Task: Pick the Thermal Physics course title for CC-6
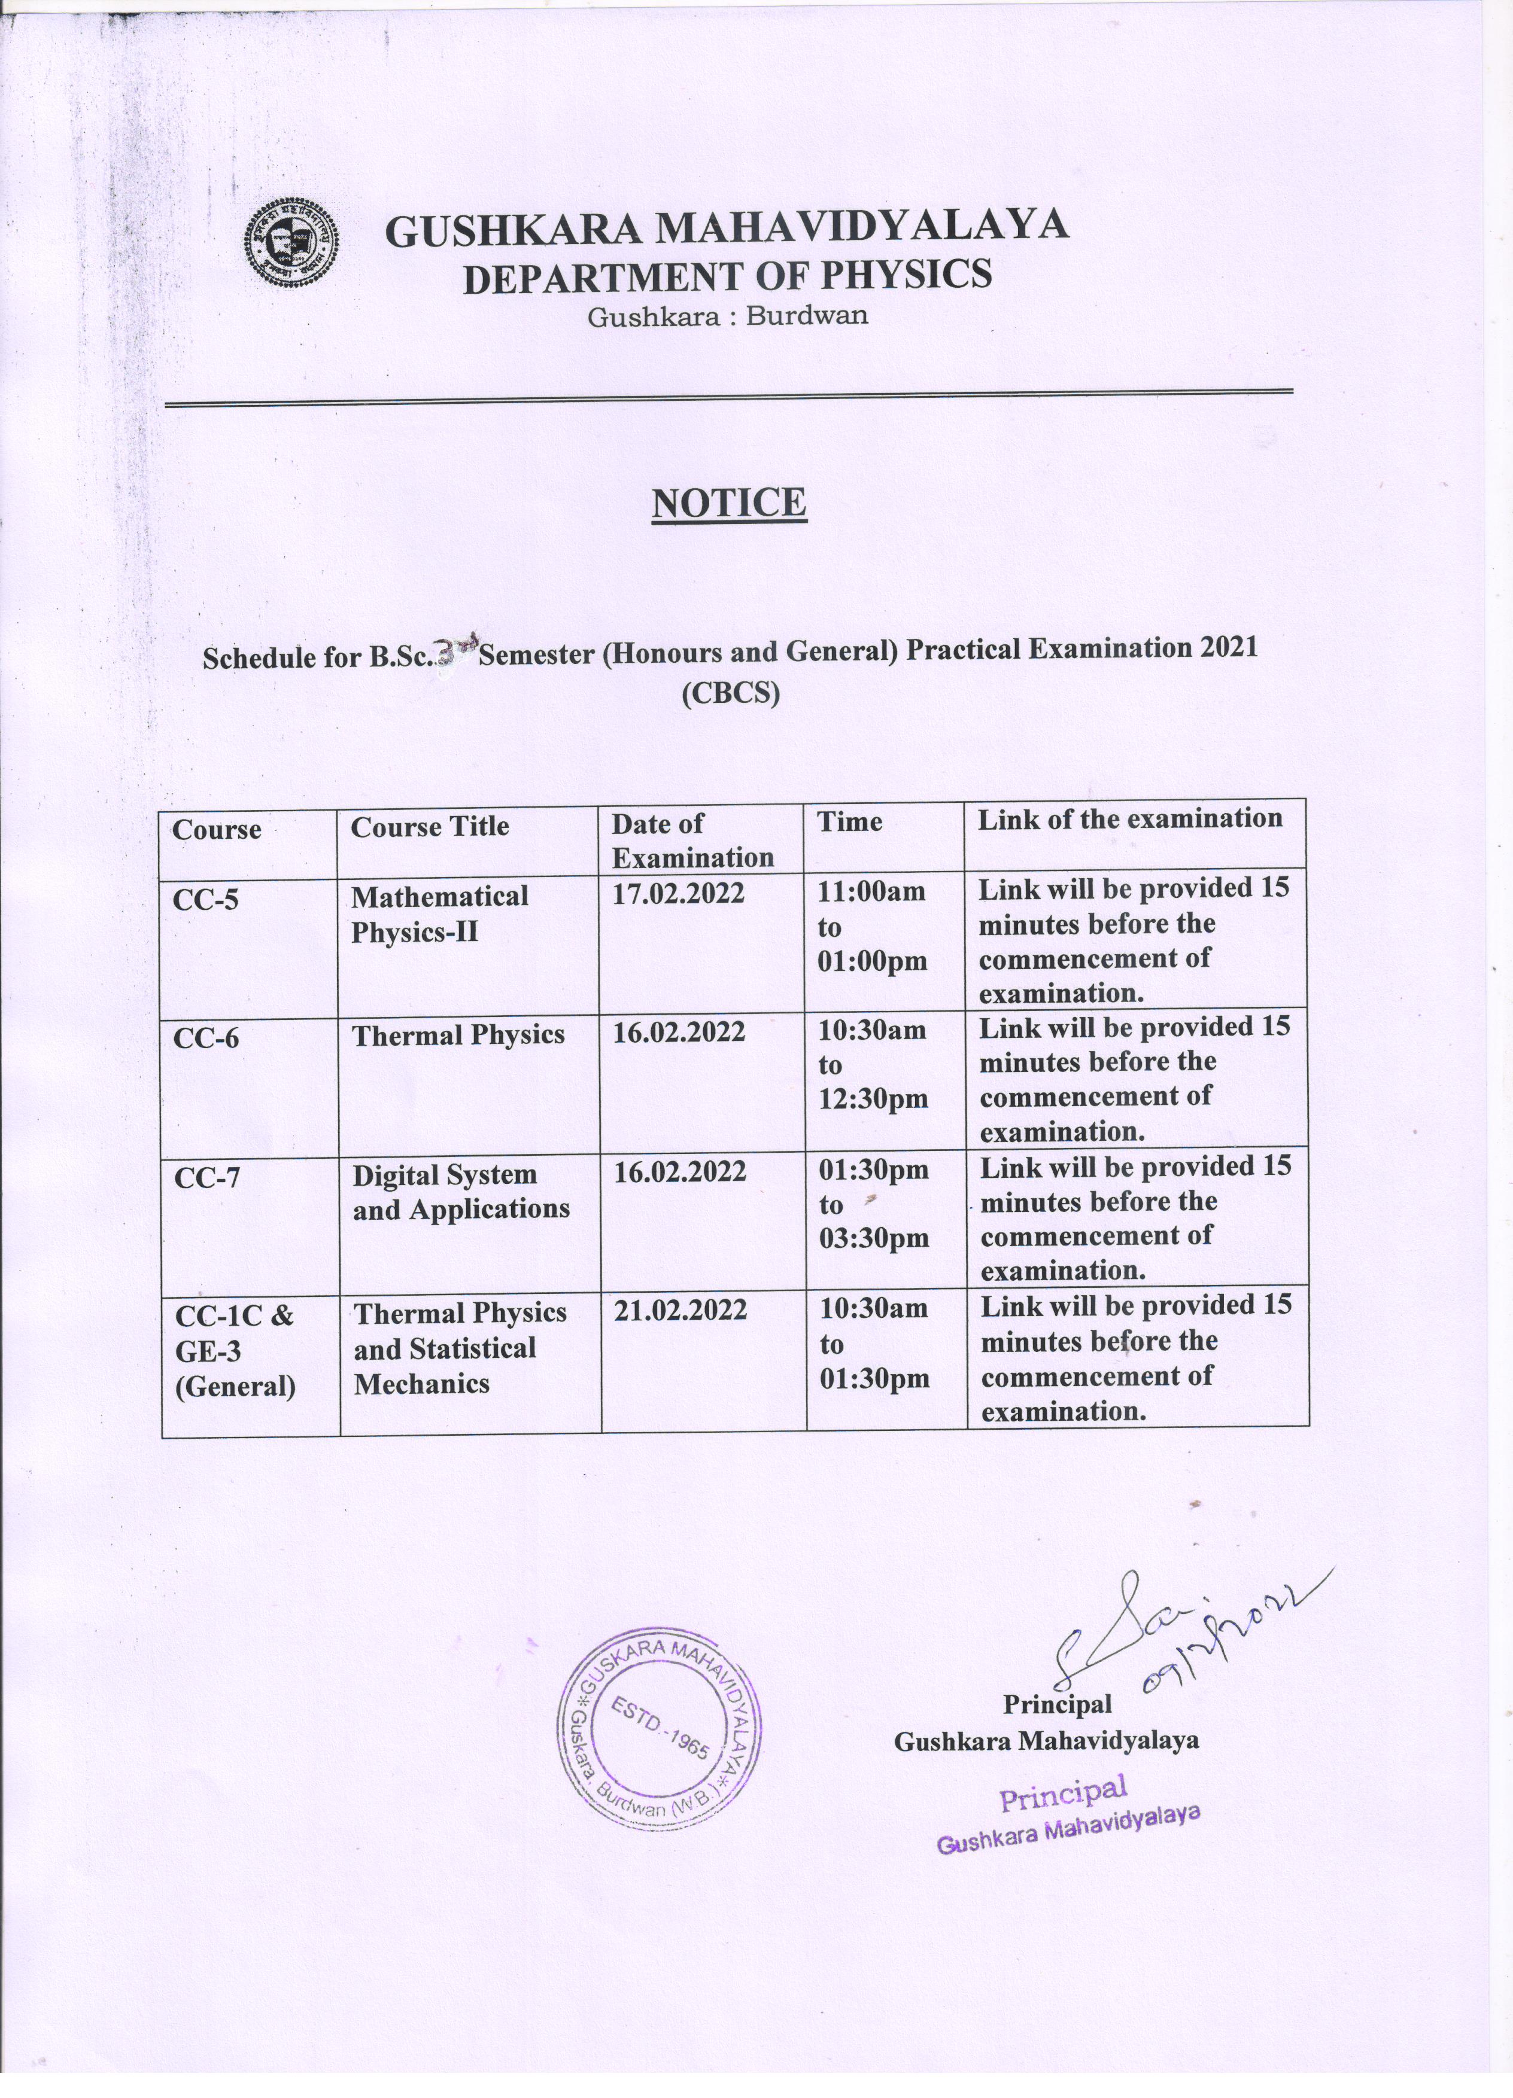point(458,1034)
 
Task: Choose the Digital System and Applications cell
point(461,1192)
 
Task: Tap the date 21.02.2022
point(679,1310)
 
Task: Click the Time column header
point(849,821)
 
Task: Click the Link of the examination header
point(1130,818)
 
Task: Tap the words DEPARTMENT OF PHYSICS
point(727,276)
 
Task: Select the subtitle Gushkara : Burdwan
point(727,316)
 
